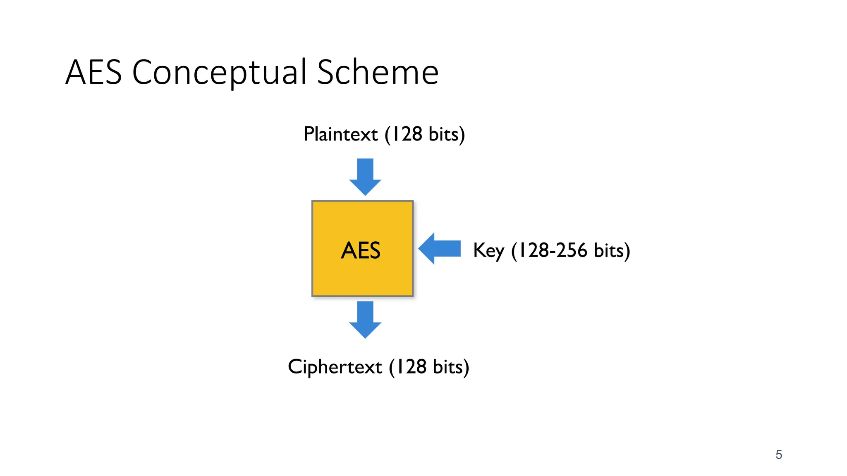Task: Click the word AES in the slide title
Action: point(94,72)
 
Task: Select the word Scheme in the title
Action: point(378,72)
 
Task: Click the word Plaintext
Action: point(340,134)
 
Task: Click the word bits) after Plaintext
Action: point(447,134)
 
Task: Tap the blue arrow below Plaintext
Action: point(365,176)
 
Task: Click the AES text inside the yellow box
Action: point(361,250)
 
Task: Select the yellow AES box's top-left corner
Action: point(313,202)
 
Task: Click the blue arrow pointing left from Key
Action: point(440,248)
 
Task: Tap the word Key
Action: point(488,250)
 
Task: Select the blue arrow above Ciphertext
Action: point(365,319)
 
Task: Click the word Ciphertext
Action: point(335,367)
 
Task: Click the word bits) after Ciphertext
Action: point(451,367)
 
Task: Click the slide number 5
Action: point(779,455)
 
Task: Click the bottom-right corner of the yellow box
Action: point(412,295)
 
